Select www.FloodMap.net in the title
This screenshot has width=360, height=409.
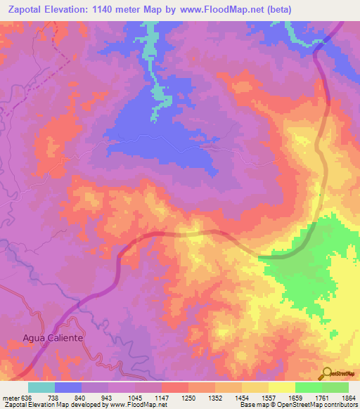pos(217,9)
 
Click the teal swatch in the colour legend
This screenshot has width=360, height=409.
pos(41,387)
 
